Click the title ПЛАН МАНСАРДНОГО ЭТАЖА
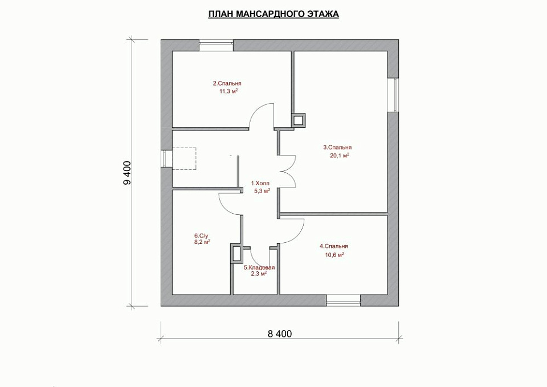(x=273, y=14)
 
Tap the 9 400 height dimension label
(x=128, y=173)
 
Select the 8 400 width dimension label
(x=280, y=334)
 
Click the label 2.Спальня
(x=227, y=84)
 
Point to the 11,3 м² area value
(x=228, y=91)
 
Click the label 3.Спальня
(x=337, y=148)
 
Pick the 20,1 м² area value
(x=340, y=156)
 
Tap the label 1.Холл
(x=260, y=183)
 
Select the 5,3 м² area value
(x=262, y=191)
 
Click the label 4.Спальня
(x=334, y=246)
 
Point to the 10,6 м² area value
(x=334, y=255)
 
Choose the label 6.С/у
(x=201, y=235)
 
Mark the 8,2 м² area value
(x=202, y=242)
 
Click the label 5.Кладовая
(x=259, y=268)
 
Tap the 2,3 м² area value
(x=259, y=274)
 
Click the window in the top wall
(x=216, y=46)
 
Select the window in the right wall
(x=393, y=95)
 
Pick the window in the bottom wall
(x=343, y=300)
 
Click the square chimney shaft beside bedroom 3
(x=298, y=121)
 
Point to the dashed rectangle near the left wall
(x=185, y=159)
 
